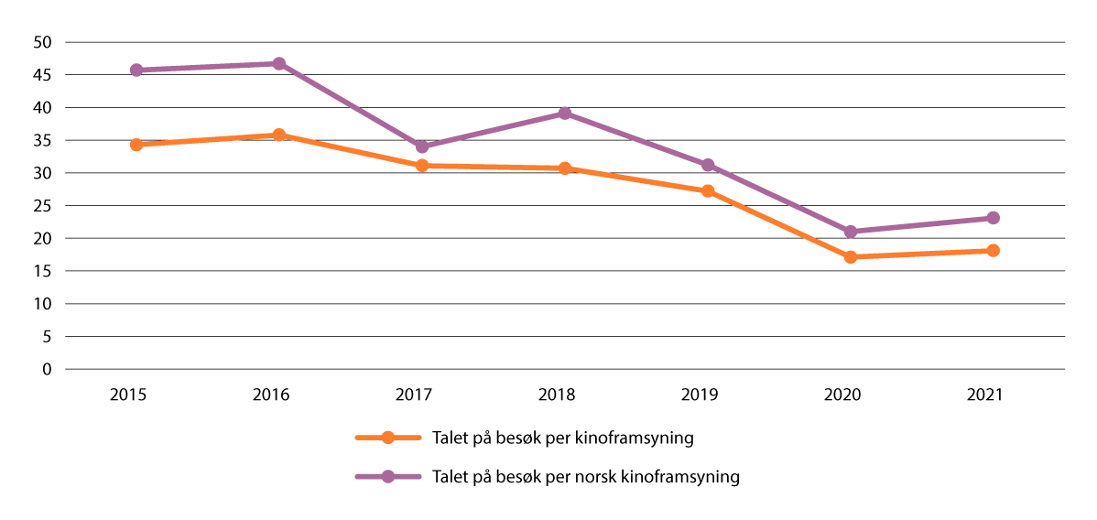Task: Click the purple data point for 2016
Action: click(x=279, y=63)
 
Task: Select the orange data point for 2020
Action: click(x=851, y=257)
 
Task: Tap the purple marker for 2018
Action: click(x=565, y=114)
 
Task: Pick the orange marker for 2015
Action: click(x=136, y=145)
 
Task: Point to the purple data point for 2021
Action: click(x=994, y=218)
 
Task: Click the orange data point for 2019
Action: click(x=708, y=191)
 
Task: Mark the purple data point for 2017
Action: click(x=422, y=146)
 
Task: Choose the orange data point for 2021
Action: click(x=994, y=251)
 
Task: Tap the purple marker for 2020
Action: click(x=851, y=232)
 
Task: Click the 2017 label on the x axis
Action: click(x=414, y=395)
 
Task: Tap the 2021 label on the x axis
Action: click(x=985, y=395)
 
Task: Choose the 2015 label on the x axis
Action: click(x=128, y=395)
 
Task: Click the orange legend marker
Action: click(x=387, y=438)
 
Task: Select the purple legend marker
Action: click(x=387, y=477)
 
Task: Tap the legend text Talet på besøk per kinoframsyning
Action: click(x=562, y=438)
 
